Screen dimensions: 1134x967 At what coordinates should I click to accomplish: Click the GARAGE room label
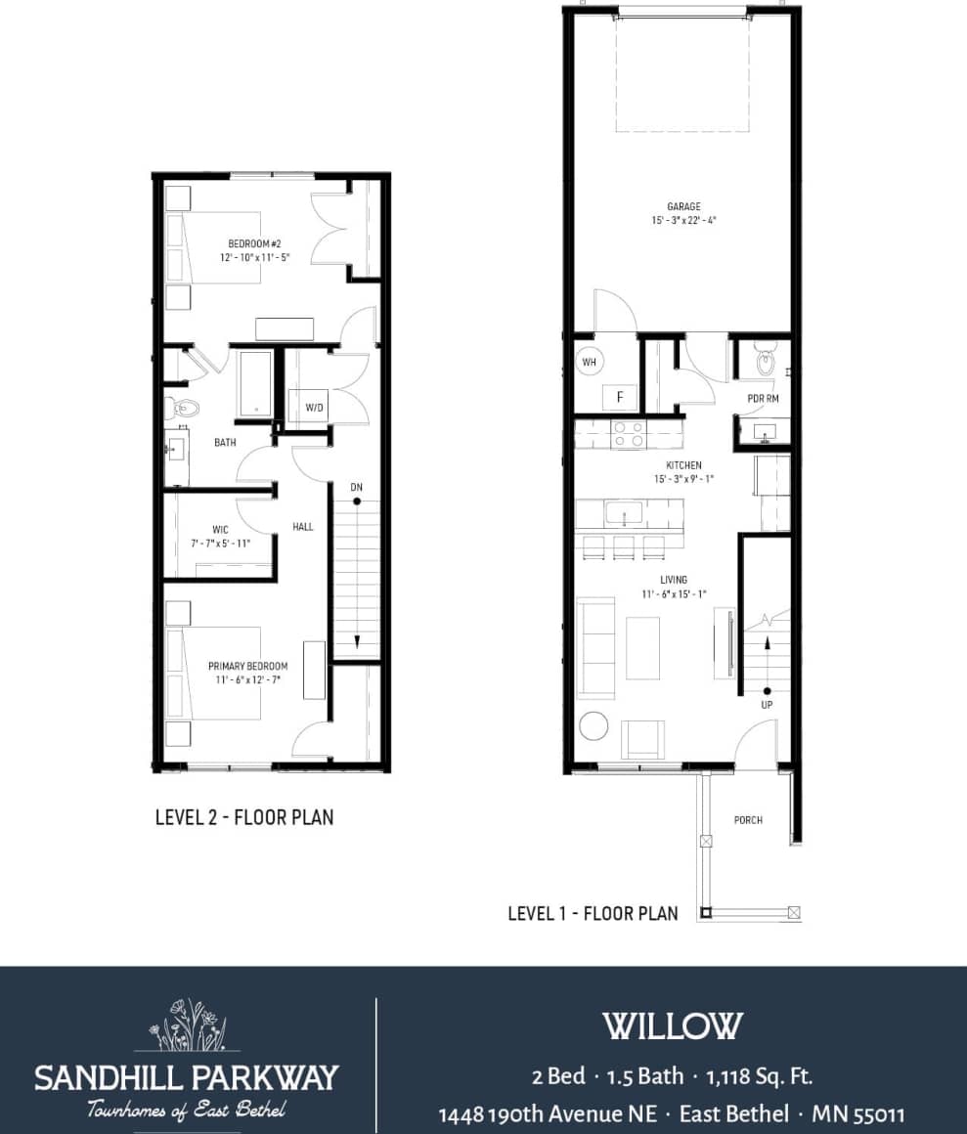(x=683, y=207)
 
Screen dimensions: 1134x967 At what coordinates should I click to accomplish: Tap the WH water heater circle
(x=589, y=362)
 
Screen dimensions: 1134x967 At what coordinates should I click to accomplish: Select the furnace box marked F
(x=619, y=397)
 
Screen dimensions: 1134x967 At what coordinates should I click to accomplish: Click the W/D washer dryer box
(x=314, y=407)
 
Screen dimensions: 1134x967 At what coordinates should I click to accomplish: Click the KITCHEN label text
(x=683, y=465)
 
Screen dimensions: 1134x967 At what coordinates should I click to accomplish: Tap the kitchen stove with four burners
(x=627, y=433)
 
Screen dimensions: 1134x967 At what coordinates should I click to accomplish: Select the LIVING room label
(x=673, y=580)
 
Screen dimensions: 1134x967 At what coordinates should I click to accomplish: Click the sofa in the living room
(x=594, y=647)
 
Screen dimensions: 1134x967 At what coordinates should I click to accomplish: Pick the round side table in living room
(x=593, y=726)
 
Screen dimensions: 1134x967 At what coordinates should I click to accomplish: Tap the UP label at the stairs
(x=767, y=704)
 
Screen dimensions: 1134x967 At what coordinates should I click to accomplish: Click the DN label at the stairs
(x=358, y=486)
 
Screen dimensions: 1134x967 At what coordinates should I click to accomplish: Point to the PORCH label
(x=748, y=820)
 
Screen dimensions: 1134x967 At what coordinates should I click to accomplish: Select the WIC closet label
(x=220, y=530)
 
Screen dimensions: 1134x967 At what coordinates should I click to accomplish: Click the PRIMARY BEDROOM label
(x=247, y=666)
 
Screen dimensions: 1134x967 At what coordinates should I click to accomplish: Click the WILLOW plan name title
(x=672, y=1026)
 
